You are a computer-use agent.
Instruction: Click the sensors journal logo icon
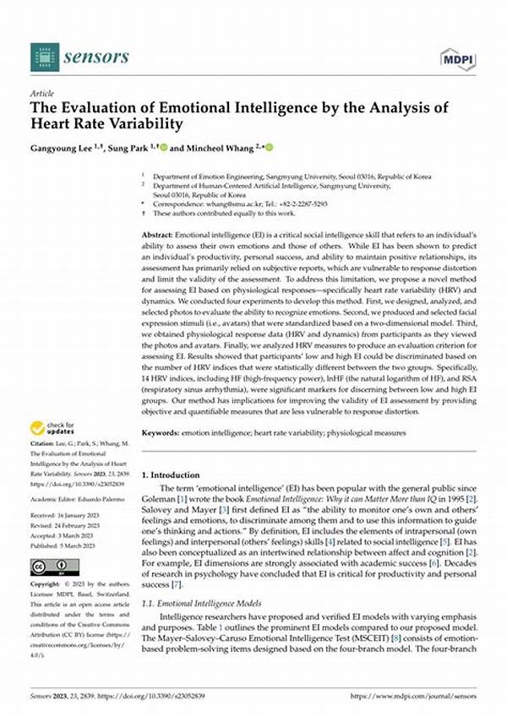click(44, 57)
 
